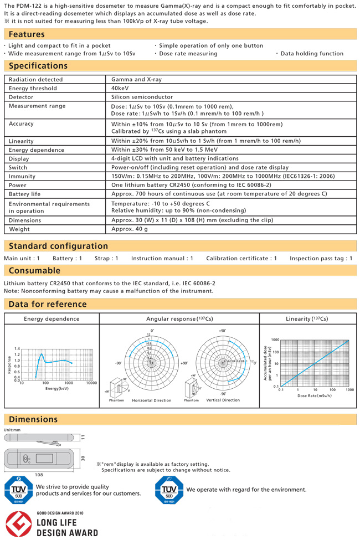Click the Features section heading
27,34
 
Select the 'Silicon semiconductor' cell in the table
142,97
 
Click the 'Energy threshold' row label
33,88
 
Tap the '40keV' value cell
122,88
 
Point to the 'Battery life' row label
25,194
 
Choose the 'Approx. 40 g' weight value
130,229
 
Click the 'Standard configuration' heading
58,246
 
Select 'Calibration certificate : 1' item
241,258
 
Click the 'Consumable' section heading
34,270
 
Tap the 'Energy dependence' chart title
52,318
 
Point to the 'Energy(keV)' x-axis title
56,389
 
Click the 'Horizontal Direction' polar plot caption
151,400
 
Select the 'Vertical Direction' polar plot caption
223,400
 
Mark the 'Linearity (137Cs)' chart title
307,318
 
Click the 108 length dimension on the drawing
39,475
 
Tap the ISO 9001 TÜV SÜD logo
19,490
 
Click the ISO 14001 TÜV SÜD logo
169,490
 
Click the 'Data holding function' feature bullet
311,54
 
